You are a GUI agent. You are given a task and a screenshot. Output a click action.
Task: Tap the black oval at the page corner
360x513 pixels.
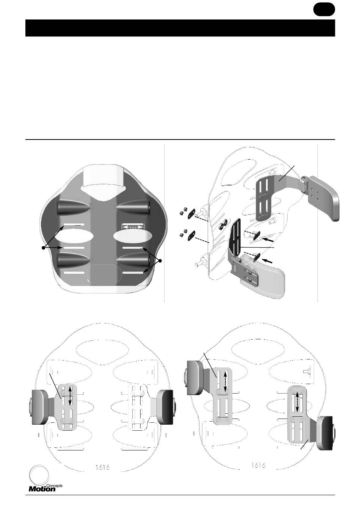point(324,9)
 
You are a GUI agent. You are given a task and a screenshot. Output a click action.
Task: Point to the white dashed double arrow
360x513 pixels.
point(133,227)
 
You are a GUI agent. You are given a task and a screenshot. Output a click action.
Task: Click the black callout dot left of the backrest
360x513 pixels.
point(43,248)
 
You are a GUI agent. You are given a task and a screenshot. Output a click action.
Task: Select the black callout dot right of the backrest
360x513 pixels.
point(160,260)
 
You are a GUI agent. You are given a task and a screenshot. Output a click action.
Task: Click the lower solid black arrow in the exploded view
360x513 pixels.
point(267,260)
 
